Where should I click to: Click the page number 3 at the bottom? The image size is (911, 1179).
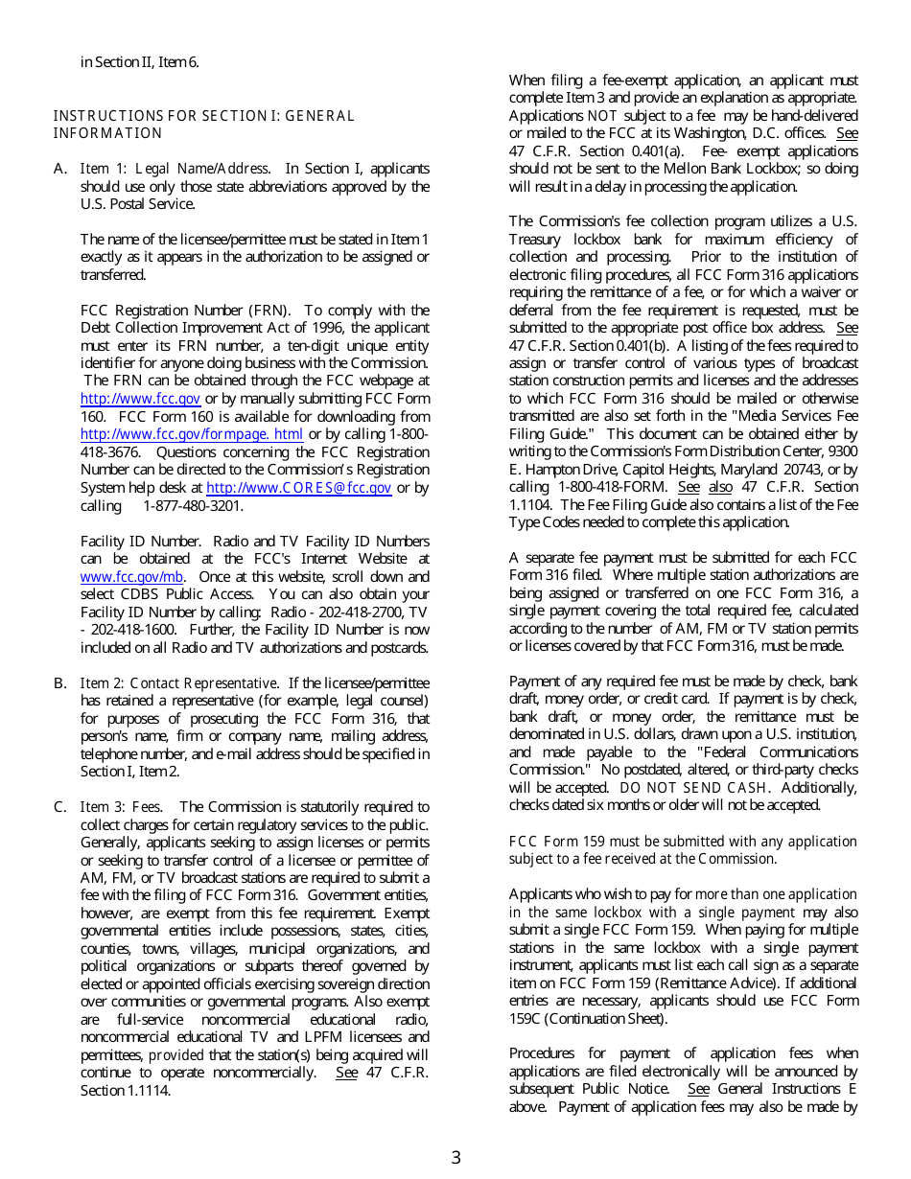pos(455,1157)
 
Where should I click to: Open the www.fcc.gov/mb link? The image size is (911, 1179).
pos(131,577)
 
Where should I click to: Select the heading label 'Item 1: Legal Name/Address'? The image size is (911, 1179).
pos(174,169)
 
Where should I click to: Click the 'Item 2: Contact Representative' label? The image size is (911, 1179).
pos(178,683)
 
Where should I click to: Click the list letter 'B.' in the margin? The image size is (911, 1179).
pos(59,683)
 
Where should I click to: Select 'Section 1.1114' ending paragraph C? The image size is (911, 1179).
pos(126,1090)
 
